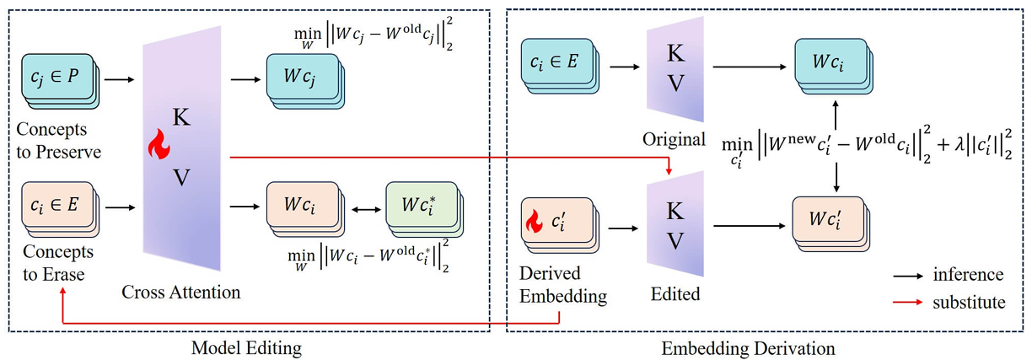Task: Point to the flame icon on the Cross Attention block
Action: coord(159,147)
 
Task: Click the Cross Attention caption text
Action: coord(181,293)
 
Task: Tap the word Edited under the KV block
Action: coord(675,293)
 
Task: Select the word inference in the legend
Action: coord(968,275)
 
